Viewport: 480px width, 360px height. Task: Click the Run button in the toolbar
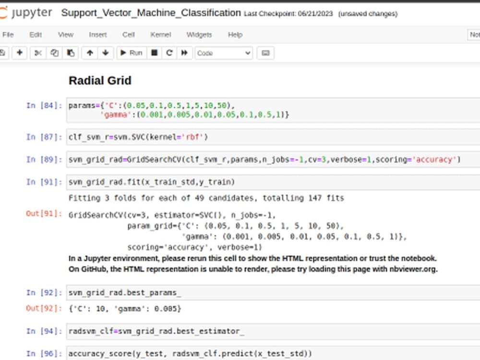[132, 53]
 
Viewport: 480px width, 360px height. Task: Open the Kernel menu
[160, 35]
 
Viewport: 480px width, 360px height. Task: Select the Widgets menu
[199, 35]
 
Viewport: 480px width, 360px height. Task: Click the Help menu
[235, 35]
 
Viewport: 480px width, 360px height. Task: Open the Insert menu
[97, 35]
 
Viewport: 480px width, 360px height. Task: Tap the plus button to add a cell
[20, 53]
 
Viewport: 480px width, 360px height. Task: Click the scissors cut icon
[38, 53]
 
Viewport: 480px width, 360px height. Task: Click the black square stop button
[154, 53]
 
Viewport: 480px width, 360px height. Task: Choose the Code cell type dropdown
[224, 53]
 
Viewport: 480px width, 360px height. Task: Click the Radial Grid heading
[100, 81]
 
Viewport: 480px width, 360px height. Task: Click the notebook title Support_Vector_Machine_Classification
[151, 13]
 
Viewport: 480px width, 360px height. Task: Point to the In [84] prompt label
[44, 106]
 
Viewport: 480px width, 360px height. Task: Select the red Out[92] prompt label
[44, 308]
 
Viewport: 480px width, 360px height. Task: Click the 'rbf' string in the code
[192, 137]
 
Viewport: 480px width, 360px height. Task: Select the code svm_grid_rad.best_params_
[125, 293]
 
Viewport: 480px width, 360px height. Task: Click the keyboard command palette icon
[265, 53]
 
